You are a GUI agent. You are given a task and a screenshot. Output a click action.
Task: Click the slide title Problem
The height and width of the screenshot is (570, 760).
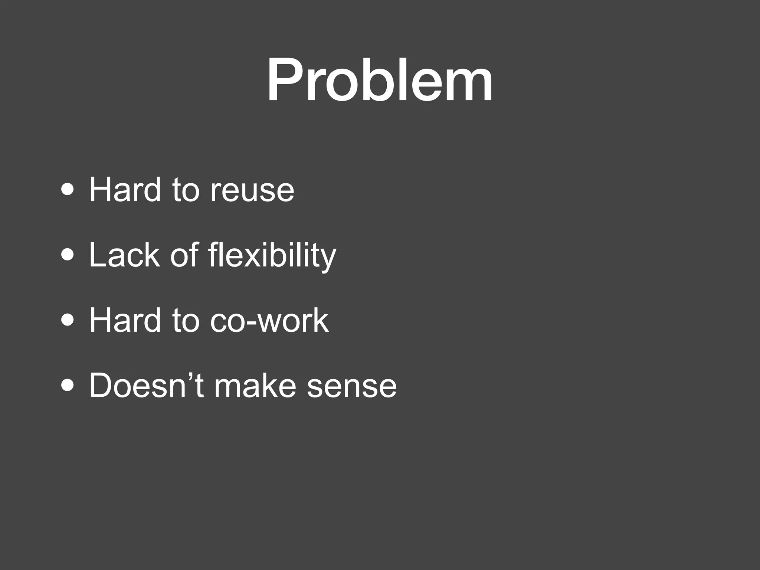point(380,79)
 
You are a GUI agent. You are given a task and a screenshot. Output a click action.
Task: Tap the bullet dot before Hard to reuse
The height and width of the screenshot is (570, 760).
point(68,190)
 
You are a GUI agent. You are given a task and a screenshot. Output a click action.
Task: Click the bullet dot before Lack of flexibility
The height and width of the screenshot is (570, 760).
point(68,255)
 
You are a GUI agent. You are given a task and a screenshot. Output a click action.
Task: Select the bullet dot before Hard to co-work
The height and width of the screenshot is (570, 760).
point(68,320)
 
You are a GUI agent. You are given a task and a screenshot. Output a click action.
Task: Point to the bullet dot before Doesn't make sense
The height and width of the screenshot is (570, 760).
point(68,386)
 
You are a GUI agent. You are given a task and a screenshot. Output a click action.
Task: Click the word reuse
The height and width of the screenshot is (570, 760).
point(252,191)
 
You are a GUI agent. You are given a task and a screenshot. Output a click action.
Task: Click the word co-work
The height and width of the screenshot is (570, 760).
point(269,320)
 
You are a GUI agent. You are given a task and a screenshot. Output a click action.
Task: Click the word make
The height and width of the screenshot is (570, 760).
point(255,386)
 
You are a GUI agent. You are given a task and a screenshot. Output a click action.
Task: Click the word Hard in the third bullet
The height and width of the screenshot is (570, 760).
point(125,320)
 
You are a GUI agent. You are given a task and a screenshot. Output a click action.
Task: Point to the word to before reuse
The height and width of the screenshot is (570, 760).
point(186,191)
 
